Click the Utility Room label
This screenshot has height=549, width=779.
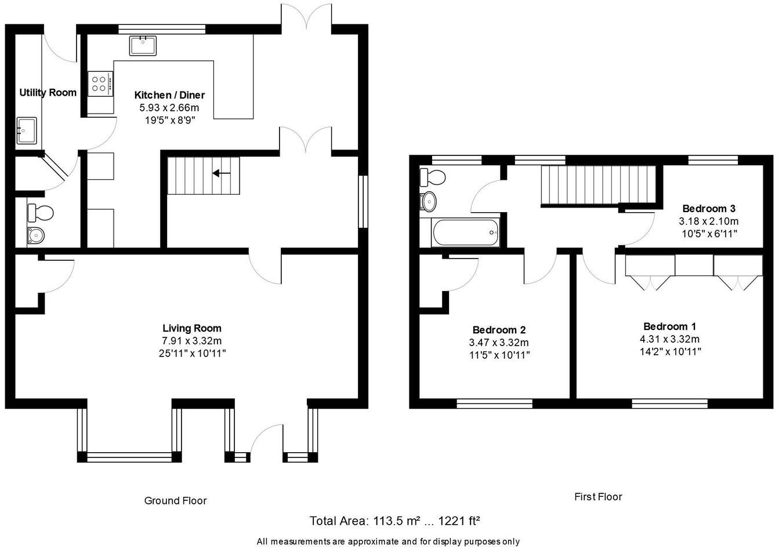point(48,93)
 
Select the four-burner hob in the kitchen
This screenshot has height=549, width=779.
point(100,83)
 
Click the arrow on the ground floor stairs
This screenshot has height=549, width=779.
point(221,173)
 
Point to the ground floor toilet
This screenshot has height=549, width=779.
point(41,213)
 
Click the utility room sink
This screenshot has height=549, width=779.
point(27,130)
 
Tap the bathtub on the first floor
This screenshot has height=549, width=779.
point(465,232)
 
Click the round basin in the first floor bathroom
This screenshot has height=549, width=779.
point(429,202)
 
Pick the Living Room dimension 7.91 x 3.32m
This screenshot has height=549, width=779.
point(192,341)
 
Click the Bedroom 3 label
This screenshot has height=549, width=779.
point(709,209)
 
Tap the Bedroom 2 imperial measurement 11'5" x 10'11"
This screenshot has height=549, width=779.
point(499,355)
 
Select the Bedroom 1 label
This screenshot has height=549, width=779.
point(670,326)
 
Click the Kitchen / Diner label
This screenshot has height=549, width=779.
point(169,95)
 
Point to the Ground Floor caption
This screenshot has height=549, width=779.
point(175,500)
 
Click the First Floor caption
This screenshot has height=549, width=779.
point(598,497)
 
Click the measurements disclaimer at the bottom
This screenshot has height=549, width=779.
point(388,541)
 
